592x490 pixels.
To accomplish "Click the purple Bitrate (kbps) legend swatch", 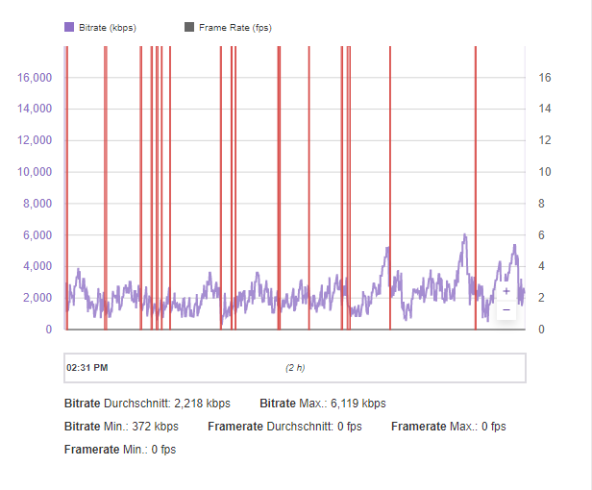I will [69, 28].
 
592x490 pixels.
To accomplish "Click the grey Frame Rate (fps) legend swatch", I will [188, 28].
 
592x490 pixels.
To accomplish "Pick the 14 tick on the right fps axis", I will [544, 110].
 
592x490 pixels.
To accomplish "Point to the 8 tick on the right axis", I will [541, 204].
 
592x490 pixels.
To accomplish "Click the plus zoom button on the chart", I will [506, 290].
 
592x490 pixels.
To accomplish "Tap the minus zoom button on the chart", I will [506, 310].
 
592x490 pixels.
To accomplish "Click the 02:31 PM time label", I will [87, 367].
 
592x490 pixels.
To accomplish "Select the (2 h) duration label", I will [295, 367].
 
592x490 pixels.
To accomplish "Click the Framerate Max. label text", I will [434, 426].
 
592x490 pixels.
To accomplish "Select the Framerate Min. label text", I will [105, 449].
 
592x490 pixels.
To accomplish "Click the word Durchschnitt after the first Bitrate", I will [137, 404].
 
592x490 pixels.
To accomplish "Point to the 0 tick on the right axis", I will [541, 330].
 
